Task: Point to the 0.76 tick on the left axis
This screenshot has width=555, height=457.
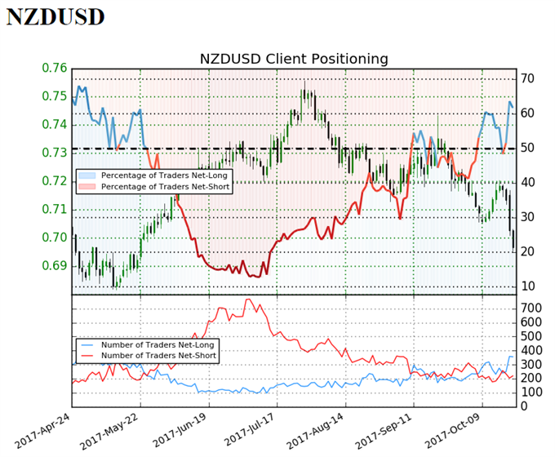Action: [x=54, y=68]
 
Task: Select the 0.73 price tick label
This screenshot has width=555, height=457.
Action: [x=54, y=153]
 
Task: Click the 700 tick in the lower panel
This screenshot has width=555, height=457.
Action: [x=532, y=308]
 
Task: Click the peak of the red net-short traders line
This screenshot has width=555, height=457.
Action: [x=246, y=299]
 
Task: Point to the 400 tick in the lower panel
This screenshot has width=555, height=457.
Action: [x=532, y=349]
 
